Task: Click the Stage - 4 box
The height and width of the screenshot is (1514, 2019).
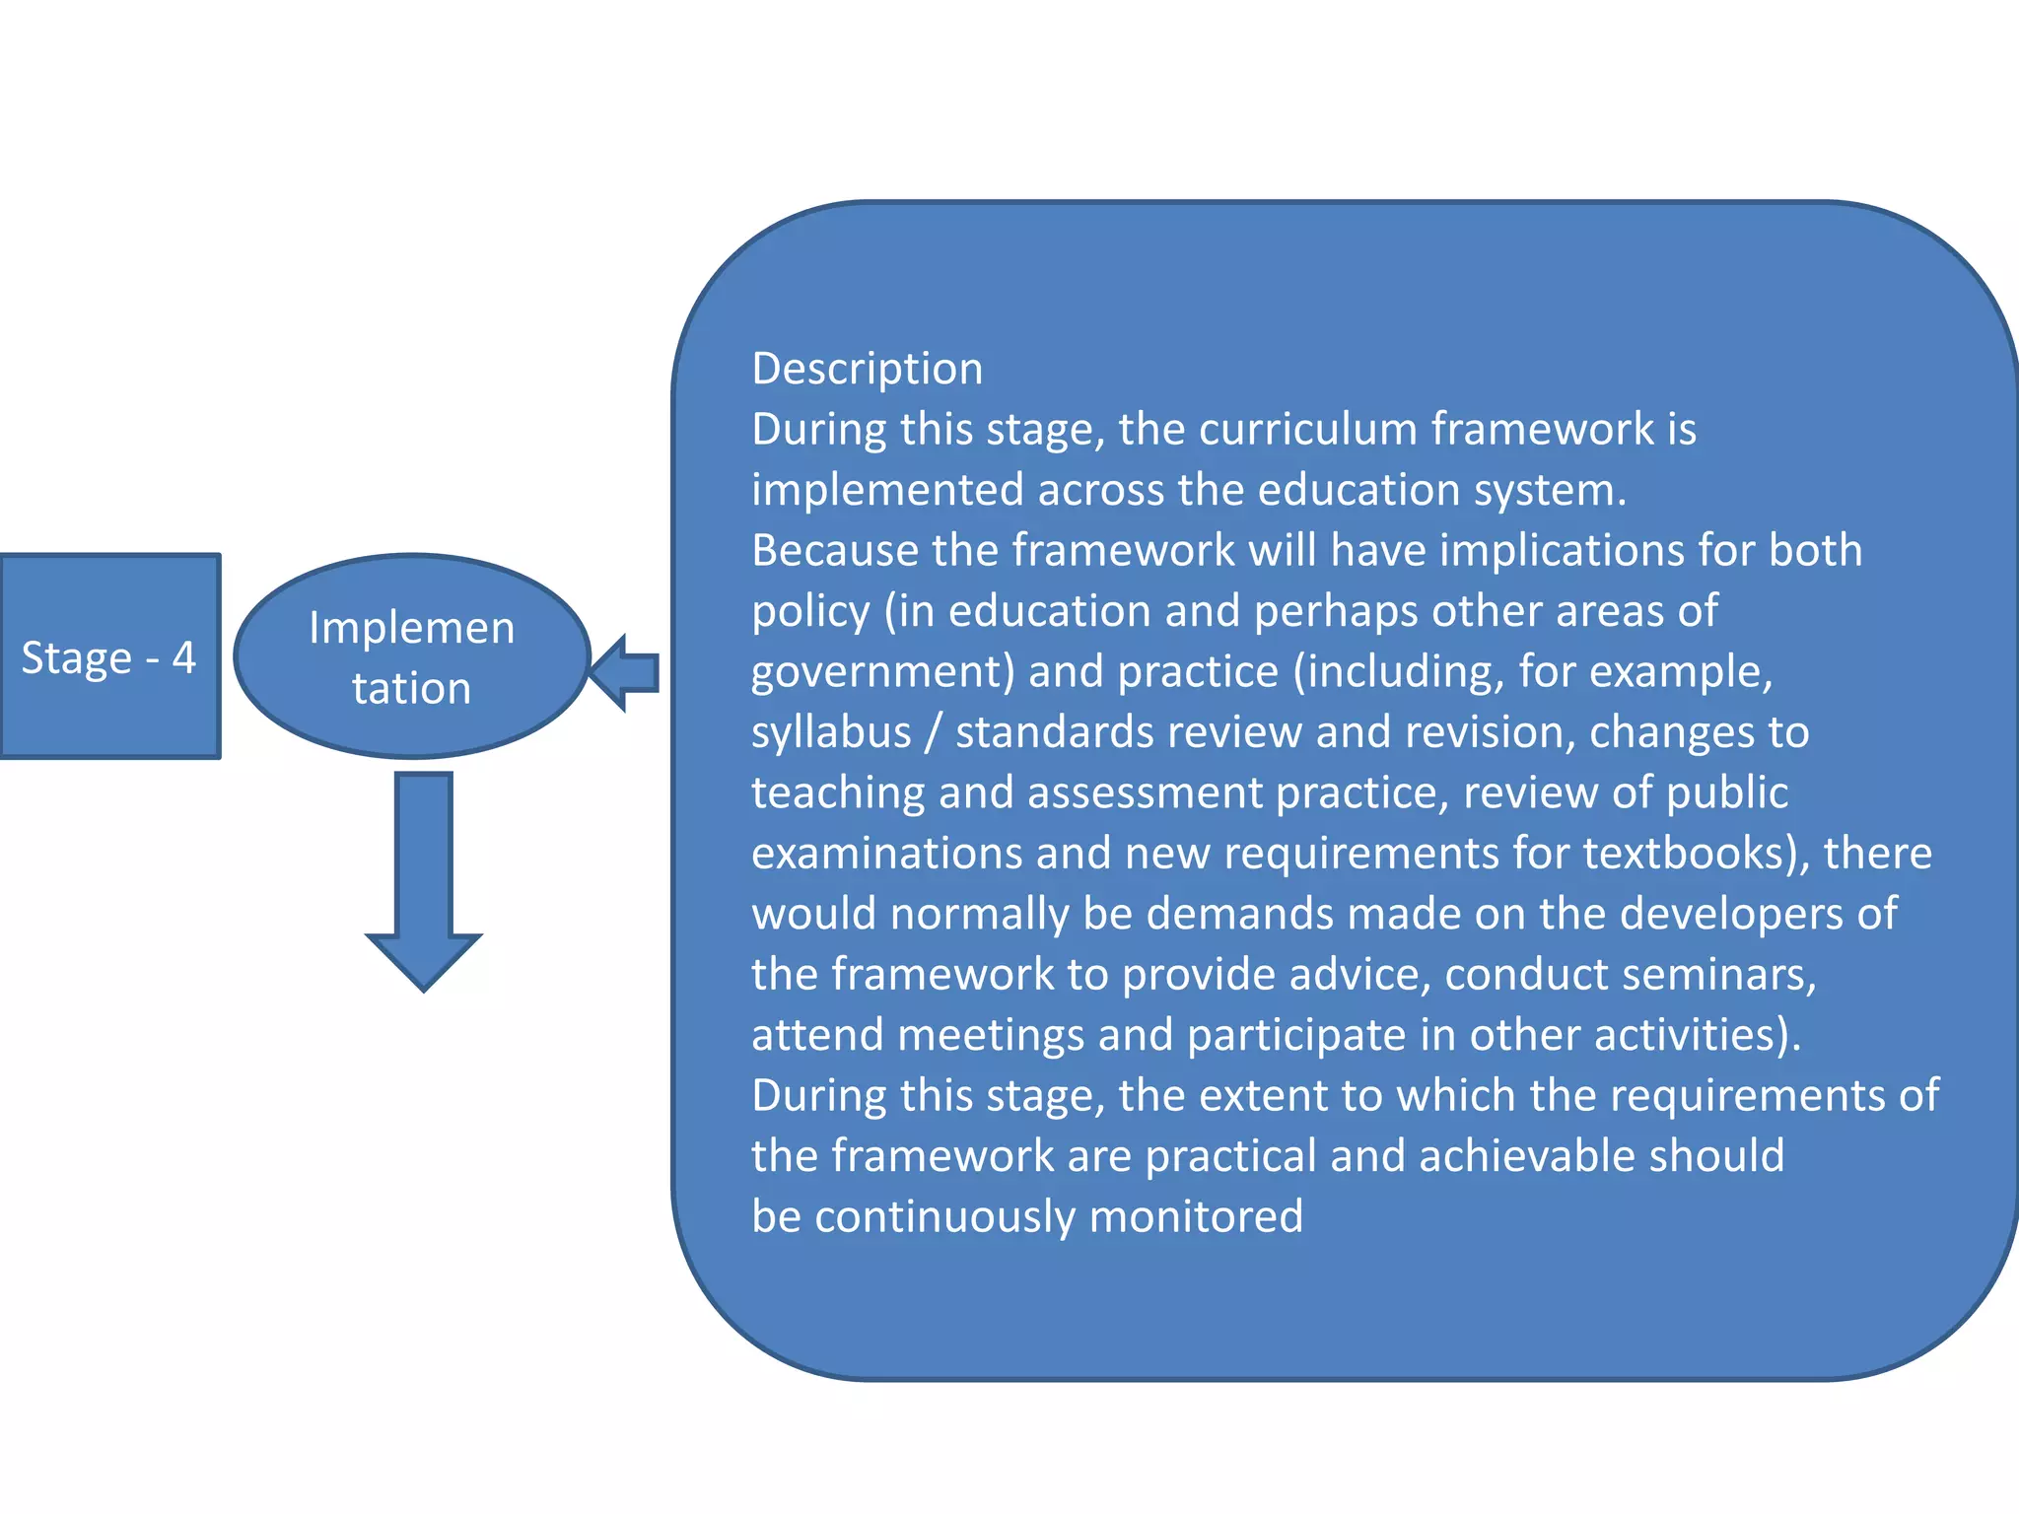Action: tap(109, 656)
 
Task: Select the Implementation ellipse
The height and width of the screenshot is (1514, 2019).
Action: tap(412, 656)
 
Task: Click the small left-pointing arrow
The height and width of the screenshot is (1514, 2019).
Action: tap(625, 673)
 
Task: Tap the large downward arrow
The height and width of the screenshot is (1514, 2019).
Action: tap(424, 877)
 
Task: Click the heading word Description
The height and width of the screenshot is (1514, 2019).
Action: tap(868, 370)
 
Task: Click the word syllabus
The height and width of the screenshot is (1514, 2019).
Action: tap(831, 733)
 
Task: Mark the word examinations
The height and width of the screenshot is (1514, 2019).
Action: tap(886, 854)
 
